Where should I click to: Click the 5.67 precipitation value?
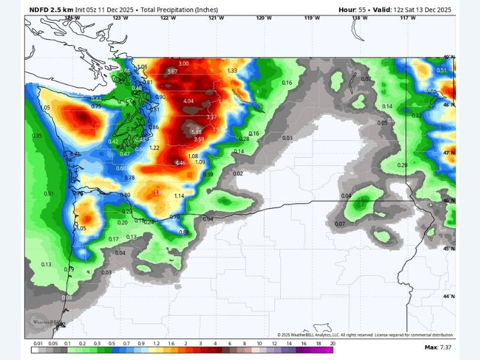(x=172, y=71)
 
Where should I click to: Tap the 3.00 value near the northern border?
(x=184, y=64)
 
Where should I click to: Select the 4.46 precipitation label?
(x=180, y=163)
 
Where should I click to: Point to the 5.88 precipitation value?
(x=196, y=132)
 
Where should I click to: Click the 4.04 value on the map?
(x=188, y=101)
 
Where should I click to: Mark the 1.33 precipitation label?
(x=232, y=70)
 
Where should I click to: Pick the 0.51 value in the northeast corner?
(x=442, y=70)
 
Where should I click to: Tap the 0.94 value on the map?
(x=208, y=219)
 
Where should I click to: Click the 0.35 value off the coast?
(x=37, y=136)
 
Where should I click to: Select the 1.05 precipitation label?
(x=81, y=229)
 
